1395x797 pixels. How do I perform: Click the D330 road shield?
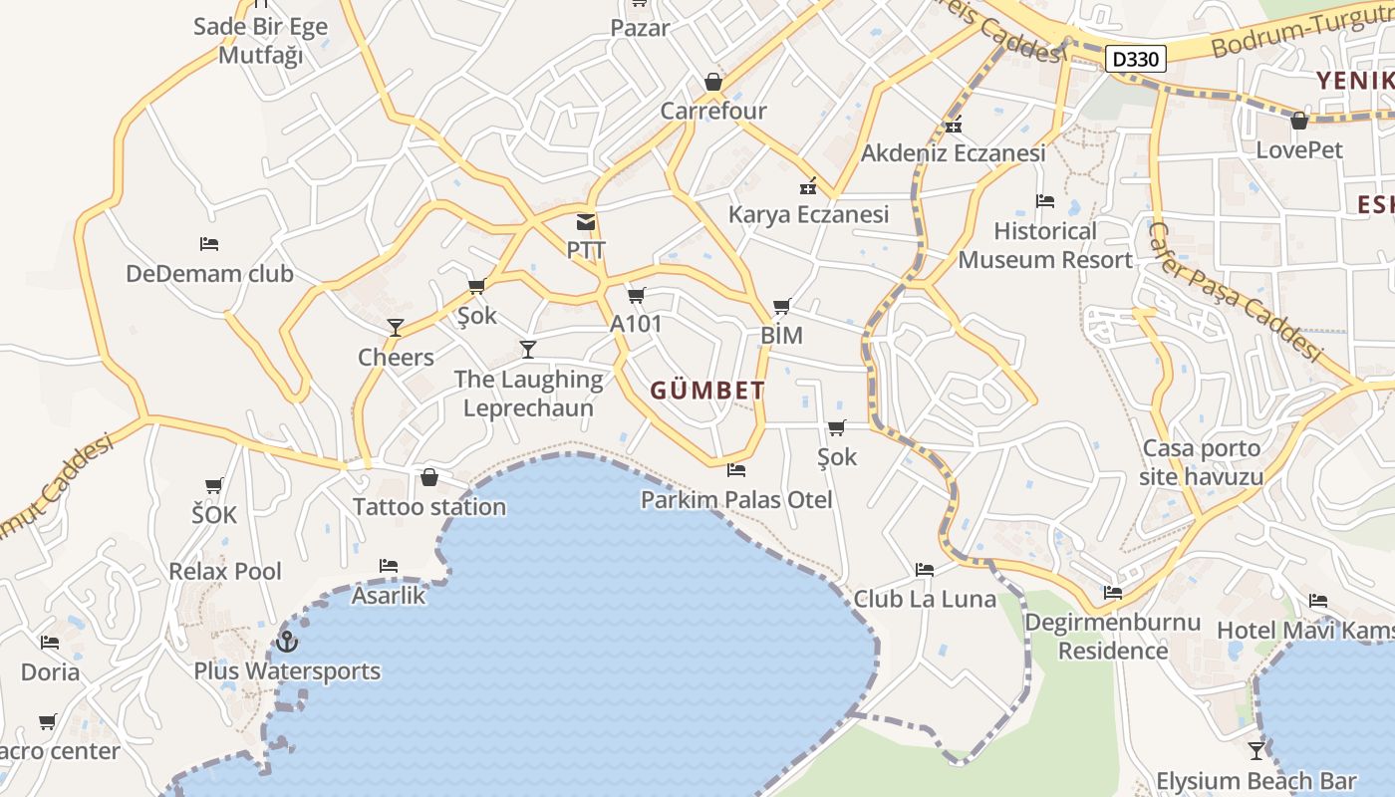click(1136, 59)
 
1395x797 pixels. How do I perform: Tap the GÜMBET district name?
click(707, 391)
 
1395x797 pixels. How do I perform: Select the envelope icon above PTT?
click(586, 222)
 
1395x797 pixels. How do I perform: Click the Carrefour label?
click(713, 111)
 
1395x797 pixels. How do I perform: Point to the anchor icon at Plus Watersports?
click(288, 641)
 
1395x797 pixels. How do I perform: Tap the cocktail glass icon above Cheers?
click(396, 327)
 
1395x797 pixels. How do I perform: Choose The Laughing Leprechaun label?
click(528, 394)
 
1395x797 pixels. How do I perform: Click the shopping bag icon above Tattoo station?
click(429, 477)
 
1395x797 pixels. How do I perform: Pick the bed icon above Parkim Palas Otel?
click(736, 469)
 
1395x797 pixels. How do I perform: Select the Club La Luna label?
click(925, 599)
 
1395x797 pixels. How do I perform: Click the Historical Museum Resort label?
click(1045, 245)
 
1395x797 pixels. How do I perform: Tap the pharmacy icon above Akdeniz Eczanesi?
click(954, 125)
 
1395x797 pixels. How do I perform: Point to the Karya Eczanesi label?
click(808, 214)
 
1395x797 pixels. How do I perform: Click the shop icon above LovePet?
click(1298, 121)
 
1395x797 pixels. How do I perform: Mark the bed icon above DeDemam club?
click(209, 243)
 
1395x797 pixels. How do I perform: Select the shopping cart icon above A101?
click(637, 295)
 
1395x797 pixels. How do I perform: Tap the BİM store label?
click(781, 336)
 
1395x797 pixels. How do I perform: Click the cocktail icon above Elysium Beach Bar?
click(1256, 749)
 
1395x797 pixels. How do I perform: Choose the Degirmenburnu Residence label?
click(1112, 637)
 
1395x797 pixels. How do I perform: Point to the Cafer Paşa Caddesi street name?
click(1234, 292)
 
